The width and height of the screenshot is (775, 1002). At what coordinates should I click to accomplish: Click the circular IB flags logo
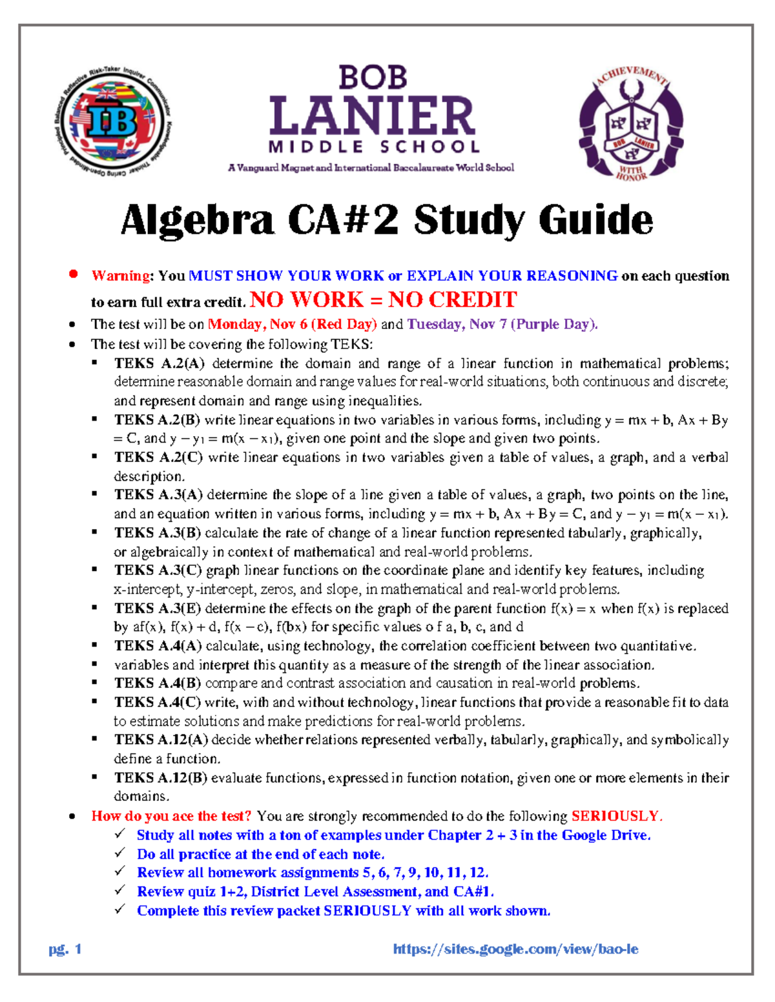point(112,123)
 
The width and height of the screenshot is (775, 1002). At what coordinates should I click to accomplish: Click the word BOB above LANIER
point(373,77)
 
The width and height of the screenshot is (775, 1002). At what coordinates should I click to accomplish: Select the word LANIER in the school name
point(373,117)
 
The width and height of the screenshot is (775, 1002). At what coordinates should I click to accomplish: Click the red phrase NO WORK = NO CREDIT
point(383,300)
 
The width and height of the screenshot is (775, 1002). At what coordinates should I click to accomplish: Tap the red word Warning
point(121,276)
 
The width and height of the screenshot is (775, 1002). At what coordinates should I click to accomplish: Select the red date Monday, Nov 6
point(257,324)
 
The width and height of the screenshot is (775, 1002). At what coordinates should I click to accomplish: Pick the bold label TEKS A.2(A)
point(160,363)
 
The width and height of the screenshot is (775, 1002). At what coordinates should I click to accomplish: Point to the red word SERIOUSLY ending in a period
point(617,816)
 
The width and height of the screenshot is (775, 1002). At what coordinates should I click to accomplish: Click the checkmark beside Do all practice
point(120,853)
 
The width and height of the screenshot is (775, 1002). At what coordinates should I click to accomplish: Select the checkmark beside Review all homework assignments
point(120,872)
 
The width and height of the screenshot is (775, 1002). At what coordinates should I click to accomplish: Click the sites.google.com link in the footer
point(515,949)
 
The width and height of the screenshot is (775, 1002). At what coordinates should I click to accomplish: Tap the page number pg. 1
point(65,949)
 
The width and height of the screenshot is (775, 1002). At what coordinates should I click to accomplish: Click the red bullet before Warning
point(74,274)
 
